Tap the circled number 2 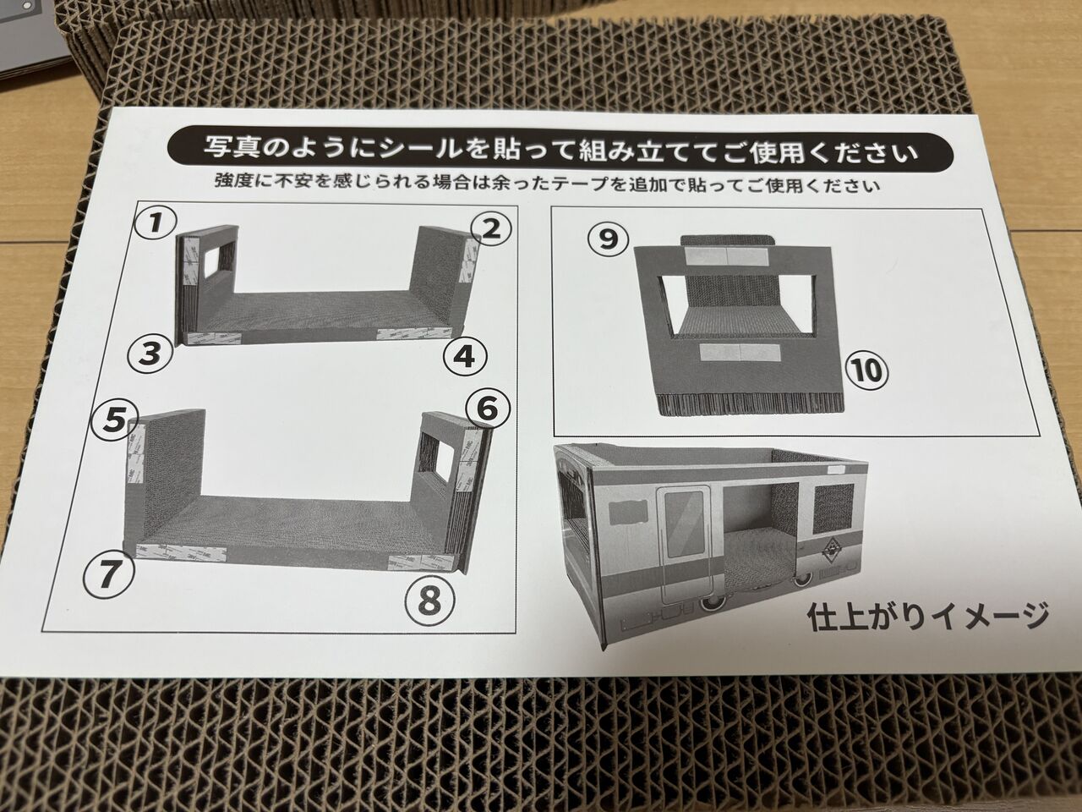pyautogui.click(x=490, y=229)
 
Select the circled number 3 pyautogui.click(x=150, y=354)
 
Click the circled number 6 pyautogui.click(x=488, y=409)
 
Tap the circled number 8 pyautogui.click(x=430, y=600)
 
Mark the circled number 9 pyautogui.click(x=609, y=239)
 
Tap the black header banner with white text pyautogui.click(x=560, y=149)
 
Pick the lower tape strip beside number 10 pyautogui.click(x=740, y=352)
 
